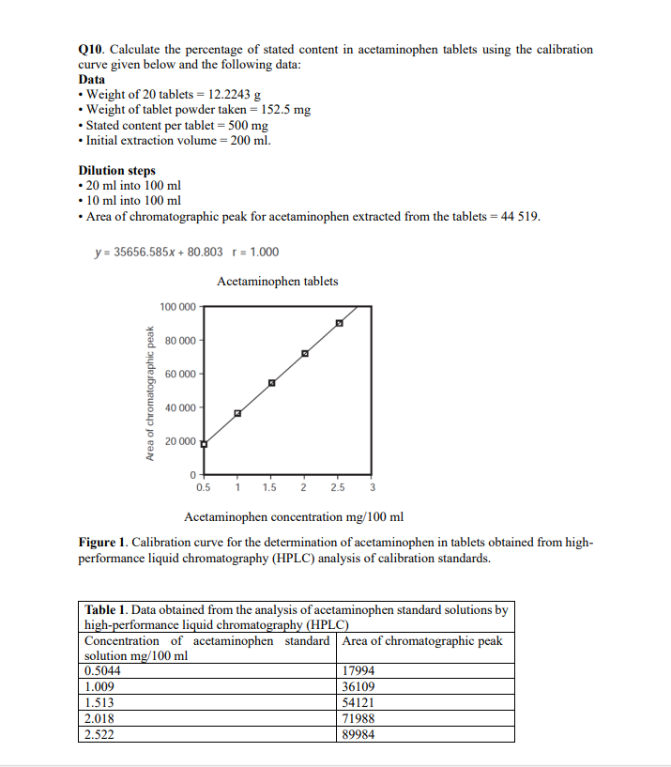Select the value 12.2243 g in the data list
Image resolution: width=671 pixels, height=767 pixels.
click(231, 95)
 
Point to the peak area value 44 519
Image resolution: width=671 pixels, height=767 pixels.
click(519, 216)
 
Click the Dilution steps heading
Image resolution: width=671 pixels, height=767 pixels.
click(116, 170)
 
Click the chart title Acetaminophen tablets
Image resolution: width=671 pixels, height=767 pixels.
click(278, 281)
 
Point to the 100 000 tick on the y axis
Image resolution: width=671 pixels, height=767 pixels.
click(178, 307)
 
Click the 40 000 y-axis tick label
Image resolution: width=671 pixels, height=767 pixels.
click(180, 407)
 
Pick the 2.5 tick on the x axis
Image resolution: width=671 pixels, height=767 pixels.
click(337, 487)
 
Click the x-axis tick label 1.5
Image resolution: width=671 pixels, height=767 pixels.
click(270, 487)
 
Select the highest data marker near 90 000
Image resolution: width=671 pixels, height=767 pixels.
click(339, 324)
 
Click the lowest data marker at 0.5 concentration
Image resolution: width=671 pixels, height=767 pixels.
click(205, 444)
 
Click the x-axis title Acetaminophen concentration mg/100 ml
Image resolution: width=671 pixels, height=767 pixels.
click(294, 516)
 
